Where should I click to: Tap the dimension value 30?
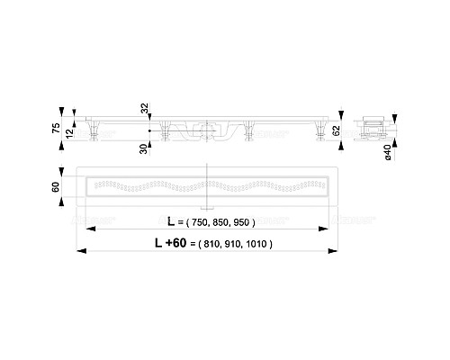point(144,147)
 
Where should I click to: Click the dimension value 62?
point(336,131)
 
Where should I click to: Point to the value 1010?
point(257,243)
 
